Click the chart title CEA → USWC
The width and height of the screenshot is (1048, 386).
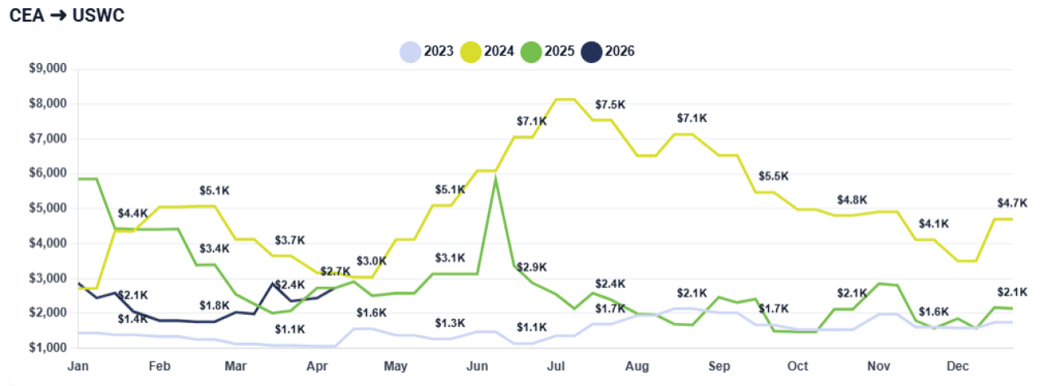click(x=67, y=16)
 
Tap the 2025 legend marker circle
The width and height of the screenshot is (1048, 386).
click(x=531, y=52)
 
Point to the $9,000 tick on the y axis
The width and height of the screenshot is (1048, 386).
click(x=47, y=69)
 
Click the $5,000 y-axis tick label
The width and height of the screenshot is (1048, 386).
click(x=47, y=209)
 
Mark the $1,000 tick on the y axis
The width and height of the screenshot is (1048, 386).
click(x=47, y=348)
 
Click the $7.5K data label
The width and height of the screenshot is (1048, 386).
click(x=611, y=104)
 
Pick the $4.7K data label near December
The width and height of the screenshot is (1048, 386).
click(x=1011, y=203)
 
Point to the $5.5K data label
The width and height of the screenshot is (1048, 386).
click(x=773, y=176)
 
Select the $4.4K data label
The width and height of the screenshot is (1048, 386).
click(x=133, y=214)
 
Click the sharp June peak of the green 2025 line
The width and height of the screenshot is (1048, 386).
click(x=495, y=178)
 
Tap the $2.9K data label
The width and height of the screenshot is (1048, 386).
click(x=531, y=267)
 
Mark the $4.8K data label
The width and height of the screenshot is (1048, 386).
click(x=852, y=200)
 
